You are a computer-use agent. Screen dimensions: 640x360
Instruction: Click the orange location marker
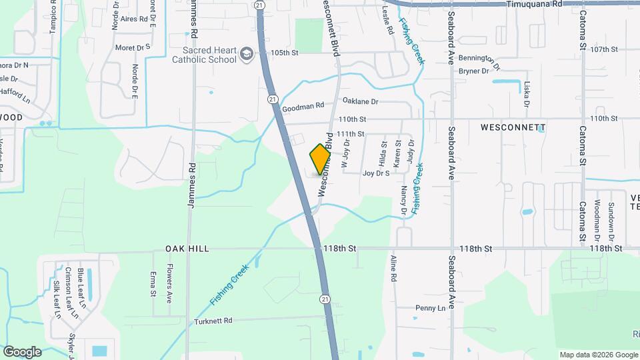click(x=321, y=159)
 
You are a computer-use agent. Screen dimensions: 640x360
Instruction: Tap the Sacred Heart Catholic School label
click(x=204, y=54)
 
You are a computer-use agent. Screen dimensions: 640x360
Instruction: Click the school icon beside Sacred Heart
click(x=247, y=53)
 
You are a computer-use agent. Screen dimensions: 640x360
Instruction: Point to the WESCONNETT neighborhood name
click(x=513, y=127)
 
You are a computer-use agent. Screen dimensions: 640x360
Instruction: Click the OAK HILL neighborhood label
click(x=187, y=249)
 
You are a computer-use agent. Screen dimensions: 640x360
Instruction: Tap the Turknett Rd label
click(x=209, y=321)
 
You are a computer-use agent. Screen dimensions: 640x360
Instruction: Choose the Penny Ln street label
click(x=429, y=308)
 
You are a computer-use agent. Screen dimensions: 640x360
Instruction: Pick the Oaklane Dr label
click(x=360, y=101)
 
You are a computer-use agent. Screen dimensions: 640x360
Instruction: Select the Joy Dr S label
click(x=376, y=173)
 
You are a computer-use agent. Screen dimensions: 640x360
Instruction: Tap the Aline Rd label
click(x=393, y=267)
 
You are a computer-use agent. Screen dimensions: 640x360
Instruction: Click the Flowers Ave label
click(x=170, y=281)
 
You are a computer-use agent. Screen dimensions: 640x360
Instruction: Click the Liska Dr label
click(x=527, y=95)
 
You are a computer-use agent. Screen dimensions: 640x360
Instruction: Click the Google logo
click(x=22, y=351)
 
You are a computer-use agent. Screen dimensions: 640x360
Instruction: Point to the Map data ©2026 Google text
click(x=598, y=355)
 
